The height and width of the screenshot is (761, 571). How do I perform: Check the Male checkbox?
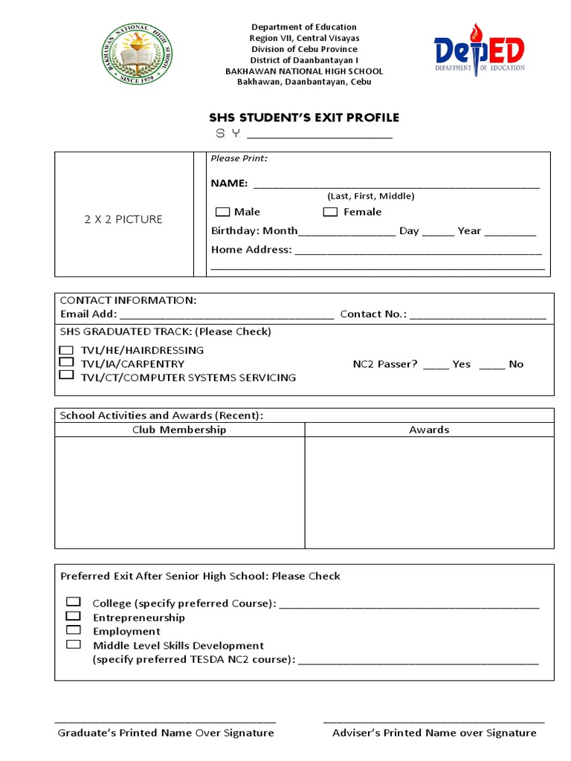tap(223, 213)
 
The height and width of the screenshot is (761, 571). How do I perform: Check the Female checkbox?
tap(331, 213)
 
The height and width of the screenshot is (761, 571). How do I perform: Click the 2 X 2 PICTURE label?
tap(123, 219)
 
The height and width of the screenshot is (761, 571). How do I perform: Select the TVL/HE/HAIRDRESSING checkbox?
tap(67, 349)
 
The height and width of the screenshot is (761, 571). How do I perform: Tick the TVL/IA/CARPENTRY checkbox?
tap(67, 362)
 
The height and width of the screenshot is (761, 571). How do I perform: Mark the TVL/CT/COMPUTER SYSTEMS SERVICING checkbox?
tap(67, 375)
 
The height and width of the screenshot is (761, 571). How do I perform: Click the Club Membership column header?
tap(179, 430)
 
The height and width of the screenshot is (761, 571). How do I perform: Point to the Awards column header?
tap(429, 430)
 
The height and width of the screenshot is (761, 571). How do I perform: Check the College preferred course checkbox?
tap(73, 601)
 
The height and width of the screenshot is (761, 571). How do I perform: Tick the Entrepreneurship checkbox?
tap(73, 616)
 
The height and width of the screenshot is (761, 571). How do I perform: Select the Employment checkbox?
tap(73, 630)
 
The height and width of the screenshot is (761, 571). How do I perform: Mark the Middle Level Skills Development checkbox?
tap(73, 644)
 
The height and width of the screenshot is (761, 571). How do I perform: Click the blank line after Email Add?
tap(227, 315)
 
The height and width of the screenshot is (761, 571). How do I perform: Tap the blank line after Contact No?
tap(477, 315)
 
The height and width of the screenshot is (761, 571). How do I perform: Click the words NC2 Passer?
tap(385, 364)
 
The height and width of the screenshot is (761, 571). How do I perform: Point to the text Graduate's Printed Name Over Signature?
tap(166, 733)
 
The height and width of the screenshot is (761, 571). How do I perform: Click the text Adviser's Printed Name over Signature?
tap(434, 733)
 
